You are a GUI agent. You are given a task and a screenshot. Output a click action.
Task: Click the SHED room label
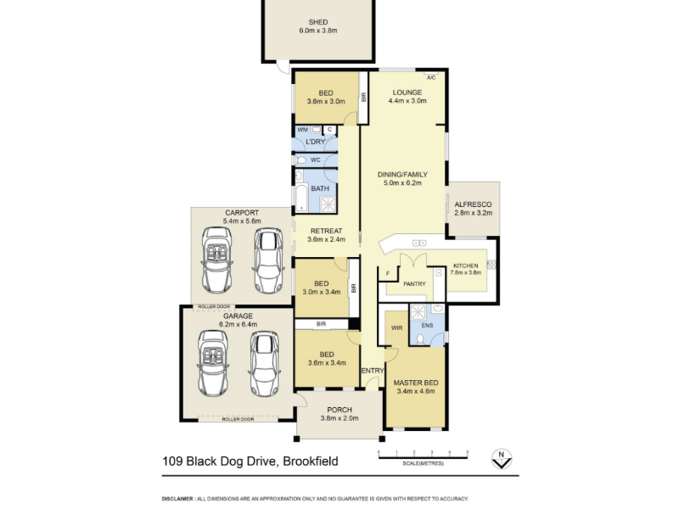(x=317, y=22)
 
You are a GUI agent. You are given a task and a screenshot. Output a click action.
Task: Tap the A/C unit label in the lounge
(x=431, y=78)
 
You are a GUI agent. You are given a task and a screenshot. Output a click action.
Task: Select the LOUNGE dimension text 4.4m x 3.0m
(x=407, y=101)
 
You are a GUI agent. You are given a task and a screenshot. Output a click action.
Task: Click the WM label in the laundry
(x=302, y=130)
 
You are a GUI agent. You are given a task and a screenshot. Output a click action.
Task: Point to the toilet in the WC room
(x=301, y=160)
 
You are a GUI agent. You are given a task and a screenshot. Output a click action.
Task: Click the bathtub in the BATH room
(x=301, y=199)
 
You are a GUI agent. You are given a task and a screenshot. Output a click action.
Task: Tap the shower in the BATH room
(x=328, y=204)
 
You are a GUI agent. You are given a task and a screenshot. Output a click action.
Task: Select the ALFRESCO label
(x=473, y=204)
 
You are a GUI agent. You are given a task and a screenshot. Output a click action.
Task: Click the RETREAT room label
(x=326, y=231)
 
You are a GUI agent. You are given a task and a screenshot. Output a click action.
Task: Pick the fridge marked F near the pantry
(x=388, y=273)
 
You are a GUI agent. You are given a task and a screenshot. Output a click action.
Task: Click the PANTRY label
(x=414, y=284)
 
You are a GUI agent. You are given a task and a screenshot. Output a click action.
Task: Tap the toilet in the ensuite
(x=420, y=339)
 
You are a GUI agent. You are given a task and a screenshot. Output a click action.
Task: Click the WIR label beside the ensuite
(x=396, y=328)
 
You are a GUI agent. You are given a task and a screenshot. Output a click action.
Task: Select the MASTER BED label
(x=416, y=383)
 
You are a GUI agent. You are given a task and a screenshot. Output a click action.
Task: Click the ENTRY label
(x=373, y=371)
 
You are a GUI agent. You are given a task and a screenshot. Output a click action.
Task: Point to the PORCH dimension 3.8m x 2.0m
(x=339, y=418)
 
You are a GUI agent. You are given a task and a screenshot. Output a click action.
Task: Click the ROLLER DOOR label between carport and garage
(x=214, y=307)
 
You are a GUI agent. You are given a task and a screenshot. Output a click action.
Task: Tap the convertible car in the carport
(x=216, y=260)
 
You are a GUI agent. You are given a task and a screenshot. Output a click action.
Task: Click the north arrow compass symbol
(x=502, y=459)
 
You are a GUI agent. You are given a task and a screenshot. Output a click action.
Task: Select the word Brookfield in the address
(x=311, y=461)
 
